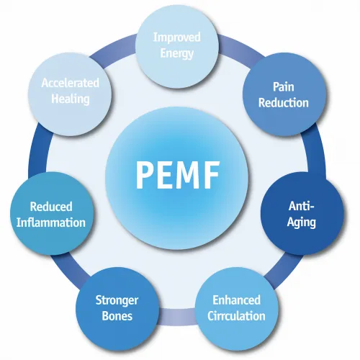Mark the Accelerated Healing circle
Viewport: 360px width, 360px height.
69,91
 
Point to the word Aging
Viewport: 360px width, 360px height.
301,222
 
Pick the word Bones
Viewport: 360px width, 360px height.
117,315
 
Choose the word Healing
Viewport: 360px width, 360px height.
69,99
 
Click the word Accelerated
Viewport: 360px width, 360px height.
69,83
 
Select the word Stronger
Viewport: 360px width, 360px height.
117,300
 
